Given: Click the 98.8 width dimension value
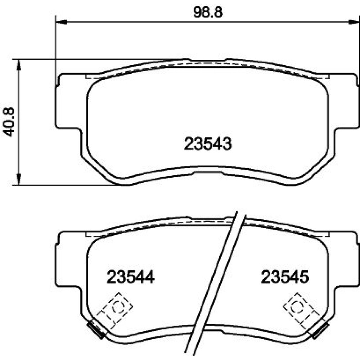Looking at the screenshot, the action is coord(208,12).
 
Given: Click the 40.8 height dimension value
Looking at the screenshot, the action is coord(9,122).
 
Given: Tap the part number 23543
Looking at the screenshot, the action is coord(208,144).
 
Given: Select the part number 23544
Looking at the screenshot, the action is coord(131,277).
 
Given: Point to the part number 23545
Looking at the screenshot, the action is coord(285,277).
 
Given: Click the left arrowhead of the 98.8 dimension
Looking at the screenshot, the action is coord(61,22).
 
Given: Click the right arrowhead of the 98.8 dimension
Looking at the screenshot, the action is coord(354,22).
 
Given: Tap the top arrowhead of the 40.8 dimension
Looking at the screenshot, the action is coord(19,65).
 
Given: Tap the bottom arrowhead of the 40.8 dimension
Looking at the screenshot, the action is coord(19,179).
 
